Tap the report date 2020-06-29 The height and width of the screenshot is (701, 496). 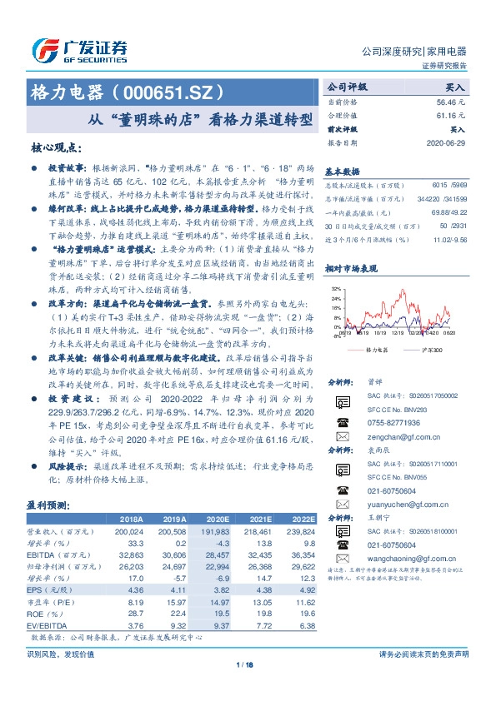point(448,144)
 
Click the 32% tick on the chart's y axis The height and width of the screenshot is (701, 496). point(336,288)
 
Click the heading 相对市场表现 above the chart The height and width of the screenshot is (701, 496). point(352,269)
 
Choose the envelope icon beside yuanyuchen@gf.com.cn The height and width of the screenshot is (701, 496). point(341,504)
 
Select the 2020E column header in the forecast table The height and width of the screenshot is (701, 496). point(217,518)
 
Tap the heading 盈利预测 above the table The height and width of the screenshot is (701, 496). point(50,505)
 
